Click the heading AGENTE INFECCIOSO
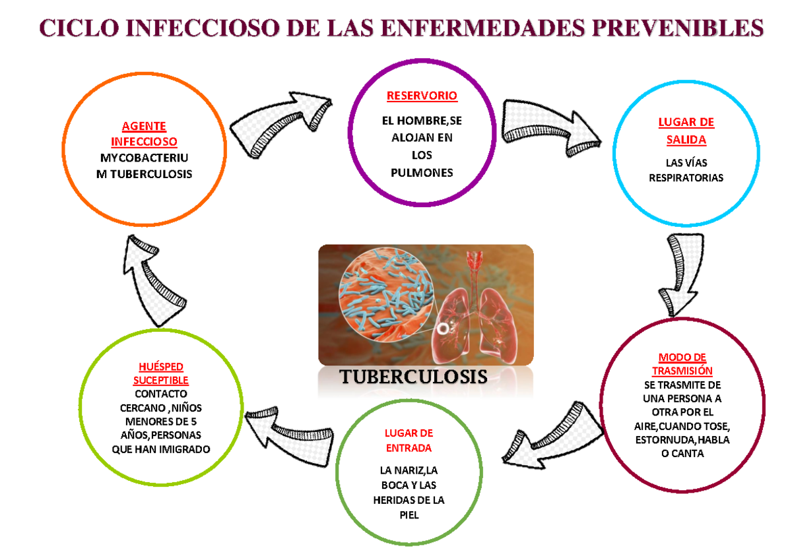click(x=144, y=134)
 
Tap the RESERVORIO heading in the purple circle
click(x=422, y=96)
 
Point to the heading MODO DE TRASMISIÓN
click(x=682, y=364)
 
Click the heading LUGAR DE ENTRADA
click(x=409, y=441)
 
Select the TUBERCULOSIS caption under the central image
click(x=413, y=377)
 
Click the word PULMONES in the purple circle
click(x=422, y=173)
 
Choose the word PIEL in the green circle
click(x=409, y=516)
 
